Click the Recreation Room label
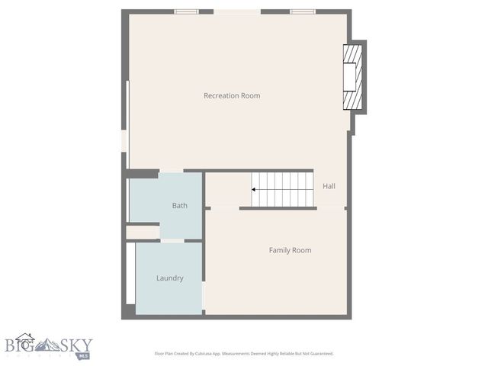click(232, 95)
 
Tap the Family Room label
click(290, 250)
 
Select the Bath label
click(179, 205)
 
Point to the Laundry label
click(169, 278)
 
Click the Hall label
click(329, 186)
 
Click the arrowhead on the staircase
click(255, 189)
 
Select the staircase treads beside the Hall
click(284, 189)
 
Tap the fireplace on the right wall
click(352, 78)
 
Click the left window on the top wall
click(187, 11)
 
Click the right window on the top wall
click(303, 11)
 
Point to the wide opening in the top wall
click(237, 11)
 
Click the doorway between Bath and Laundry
click(172, 240)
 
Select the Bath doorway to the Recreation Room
click(172, 171)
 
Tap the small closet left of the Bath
click(142, 232)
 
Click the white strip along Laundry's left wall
click(132, 278)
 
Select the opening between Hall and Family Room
click(330, 207)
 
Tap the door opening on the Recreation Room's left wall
click(124, 141)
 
